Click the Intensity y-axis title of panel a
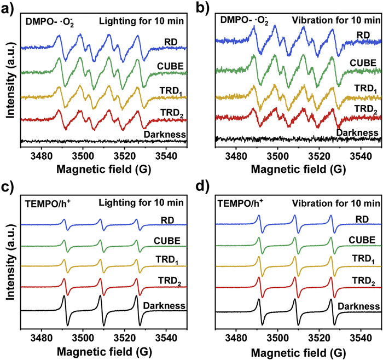(9, 80)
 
